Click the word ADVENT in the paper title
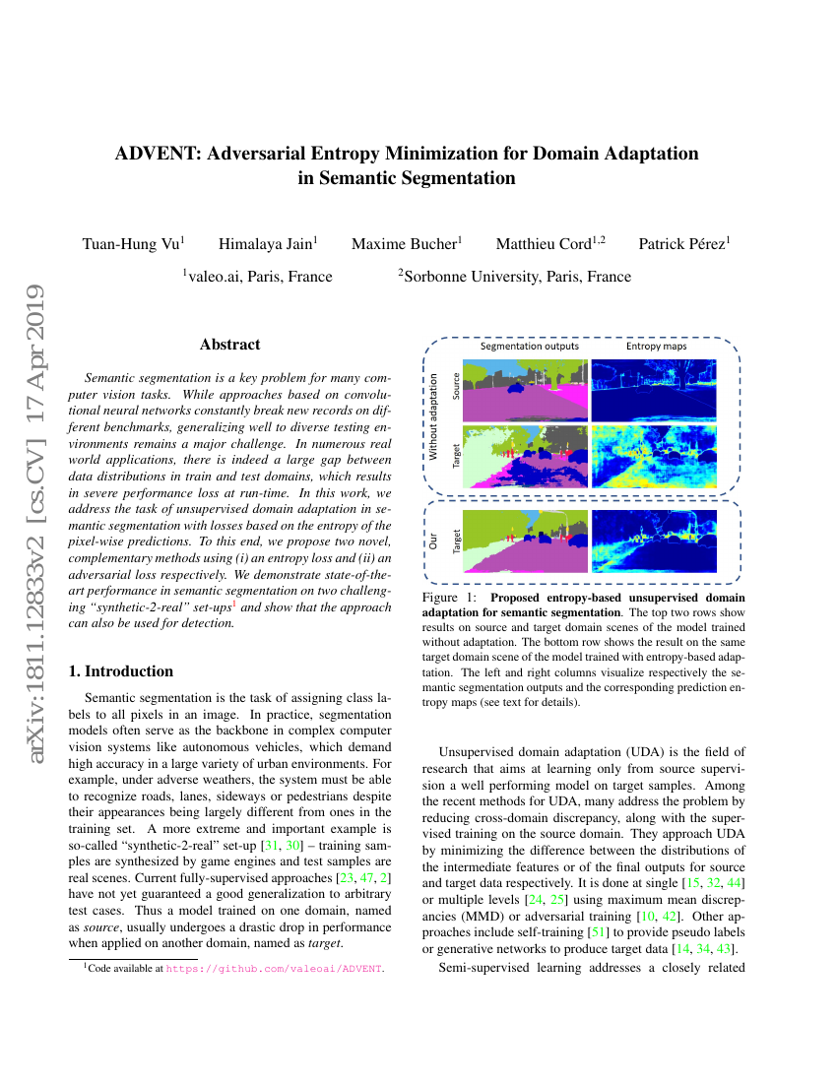pyautogui.click(x=161, y=154)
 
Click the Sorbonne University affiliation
pyautogui.click(x=516, y=277)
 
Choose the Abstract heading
pyautogui.click(x=229, y=345)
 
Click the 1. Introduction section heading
pyautogui.click(x=119, y=671)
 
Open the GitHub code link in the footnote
pyautogui.click(x=274, y=969)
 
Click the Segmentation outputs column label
pyautogui.click(x=529, y=347)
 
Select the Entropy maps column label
pyautogui.click(x=656, y=347)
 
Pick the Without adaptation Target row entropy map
pyautogui.click(x=653, y=457)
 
